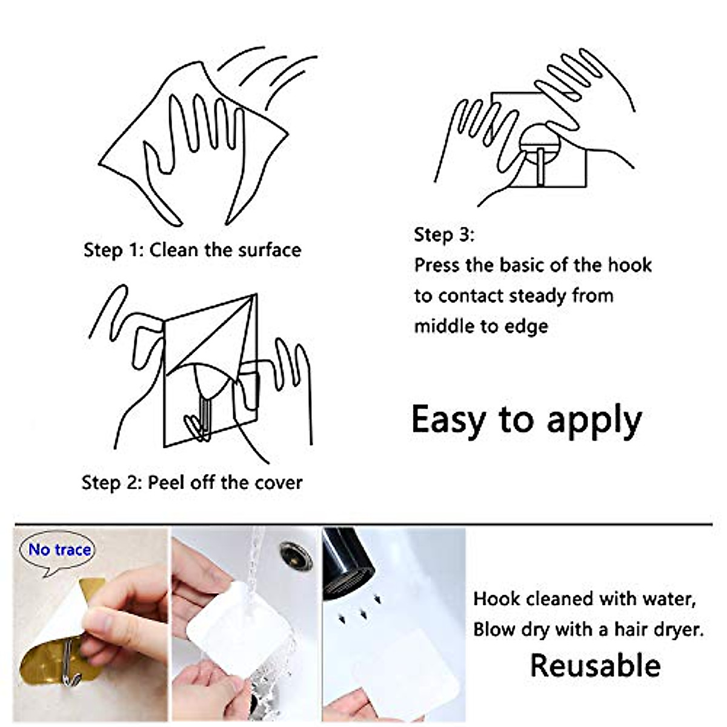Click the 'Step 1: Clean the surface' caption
click(192, 250)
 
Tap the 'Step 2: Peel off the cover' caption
click(192, 482)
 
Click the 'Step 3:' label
click(444, 234)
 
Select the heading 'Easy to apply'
click(526, 420)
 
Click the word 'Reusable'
click(595, 665)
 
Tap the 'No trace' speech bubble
click(59, 550)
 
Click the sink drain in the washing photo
click(296, 556)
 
